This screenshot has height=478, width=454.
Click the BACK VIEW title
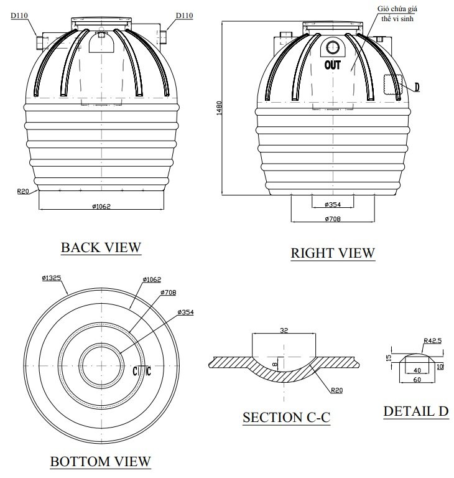point(101,247)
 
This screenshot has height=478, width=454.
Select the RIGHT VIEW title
point(333,253)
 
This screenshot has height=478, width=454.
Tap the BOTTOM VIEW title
point(100,461)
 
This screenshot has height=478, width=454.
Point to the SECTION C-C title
point(286,417)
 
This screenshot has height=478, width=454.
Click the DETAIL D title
point(415,411)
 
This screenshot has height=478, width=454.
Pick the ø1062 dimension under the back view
point(100,206)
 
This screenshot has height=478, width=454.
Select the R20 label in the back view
point(24,191)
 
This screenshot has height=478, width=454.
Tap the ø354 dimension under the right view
point(333,205)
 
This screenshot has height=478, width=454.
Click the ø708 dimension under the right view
point(333,218)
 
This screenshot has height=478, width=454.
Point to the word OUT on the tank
point(333,64)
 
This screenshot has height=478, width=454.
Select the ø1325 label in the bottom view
point(52,278)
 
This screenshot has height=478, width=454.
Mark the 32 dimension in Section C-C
point(284,332)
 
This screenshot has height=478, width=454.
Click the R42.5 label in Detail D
point(432,341)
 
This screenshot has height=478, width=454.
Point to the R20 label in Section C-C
point(336,390)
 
